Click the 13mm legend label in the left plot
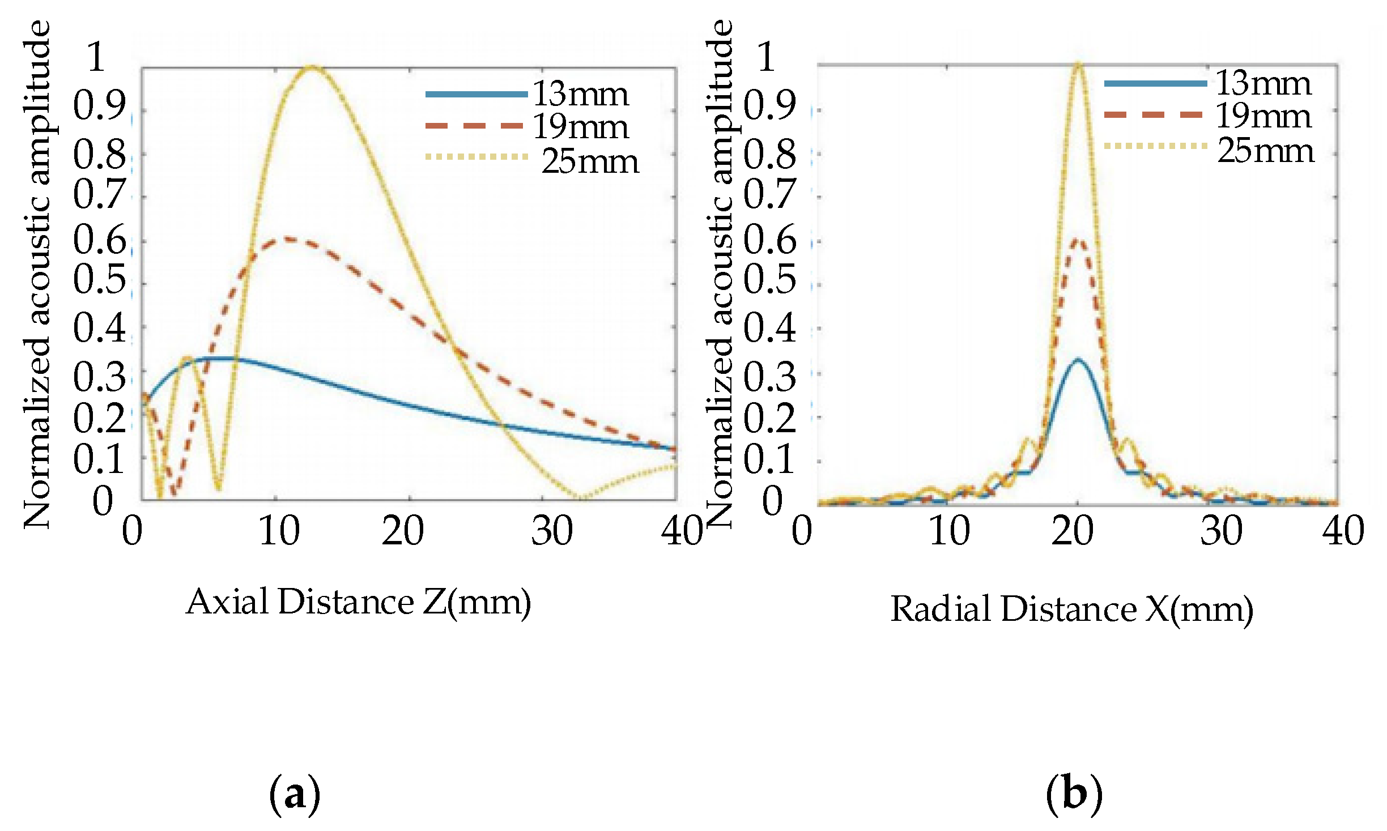581,94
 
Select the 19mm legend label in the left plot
581,126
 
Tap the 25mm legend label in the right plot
1266,151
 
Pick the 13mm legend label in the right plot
1263,84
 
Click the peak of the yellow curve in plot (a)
311,68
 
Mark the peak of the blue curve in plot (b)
1077,359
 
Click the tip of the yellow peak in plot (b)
1078,63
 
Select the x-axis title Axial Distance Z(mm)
359,602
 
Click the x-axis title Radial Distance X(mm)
1071,610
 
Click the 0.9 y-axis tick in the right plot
769,105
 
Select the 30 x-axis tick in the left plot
551,531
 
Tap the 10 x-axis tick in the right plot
950,531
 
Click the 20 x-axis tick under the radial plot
1073,531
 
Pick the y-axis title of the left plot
37,275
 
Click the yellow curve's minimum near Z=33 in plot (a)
582,497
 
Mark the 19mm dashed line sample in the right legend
1154,115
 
